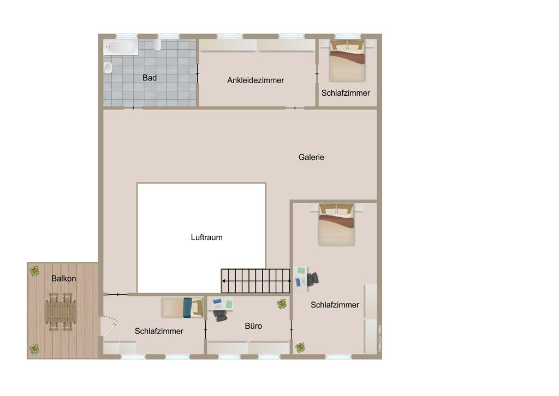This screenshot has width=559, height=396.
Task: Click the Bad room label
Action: click(x=150, y=78)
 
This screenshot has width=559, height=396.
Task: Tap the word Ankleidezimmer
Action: click(x=255, y=80)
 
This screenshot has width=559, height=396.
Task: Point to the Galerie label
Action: click(x=311, y=158)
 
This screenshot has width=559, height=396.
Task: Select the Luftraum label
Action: click(x=206, y=237)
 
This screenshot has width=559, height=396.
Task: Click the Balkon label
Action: click(x=64, y=278)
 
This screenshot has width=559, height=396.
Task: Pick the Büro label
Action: click(x=253, y=326)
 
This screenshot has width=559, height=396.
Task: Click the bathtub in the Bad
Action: click(x=121, y=47)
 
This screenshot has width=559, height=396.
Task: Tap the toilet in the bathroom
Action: click(x=157, y=44)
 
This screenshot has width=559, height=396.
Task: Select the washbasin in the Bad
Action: click(x=108, y=68)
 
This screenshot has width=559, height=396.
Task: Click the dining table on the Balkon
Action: click(x=61, y=312)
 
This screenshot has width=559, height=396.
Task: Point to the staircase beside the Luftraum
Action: click(x=255, y=281)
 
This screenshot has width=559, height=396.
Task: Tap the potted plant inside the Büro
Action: click(x=282, y=304)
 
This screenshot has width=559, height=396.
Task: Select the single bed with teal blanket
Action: click(x=182, y=307)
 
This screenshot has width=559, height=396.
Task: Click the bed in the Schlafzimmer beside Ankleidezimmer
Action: click(x=347, y=61)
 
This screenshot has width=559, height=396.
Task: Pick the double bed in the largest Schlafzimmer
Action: click(x=336, y=224)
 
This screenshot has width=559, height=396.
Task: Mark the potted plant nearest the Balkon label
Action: click(x=34, y=270)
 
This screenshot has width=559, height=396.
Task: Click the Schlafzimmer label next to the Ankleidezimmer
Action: click(x=346, y=93)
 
